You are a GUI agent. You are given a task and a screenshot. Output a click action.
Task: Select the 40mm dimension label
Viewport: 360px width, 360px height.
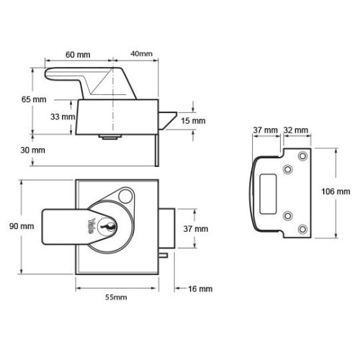tap(142, 54)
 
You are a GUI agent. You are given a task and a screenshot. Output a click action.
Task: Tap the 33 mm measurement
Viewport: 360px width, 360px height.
tap(63, 116)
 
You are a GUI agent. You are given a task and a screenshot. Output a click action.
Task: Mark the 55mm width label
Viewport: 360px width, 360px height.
tap(117, 297)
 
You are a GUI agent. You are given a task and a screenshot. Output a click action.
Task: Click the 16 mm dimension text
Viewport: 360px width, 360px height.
tap(199, 288)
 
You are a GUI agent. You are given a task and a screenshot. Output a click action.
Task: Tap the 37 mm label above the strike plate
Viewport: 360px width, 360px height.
tap(266, 130)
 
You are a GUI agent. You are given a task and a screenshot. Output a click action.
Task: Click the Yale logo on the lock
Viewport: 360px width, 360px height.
tap(91, 225)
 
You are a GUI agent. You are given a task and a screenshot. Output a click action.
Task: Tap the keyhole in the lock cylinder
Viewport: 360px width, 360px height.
tap(109, 228)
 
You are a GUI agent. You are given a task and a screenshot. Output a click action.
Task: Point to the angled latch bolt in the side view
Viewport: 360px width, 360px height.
tap(166, 121)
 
